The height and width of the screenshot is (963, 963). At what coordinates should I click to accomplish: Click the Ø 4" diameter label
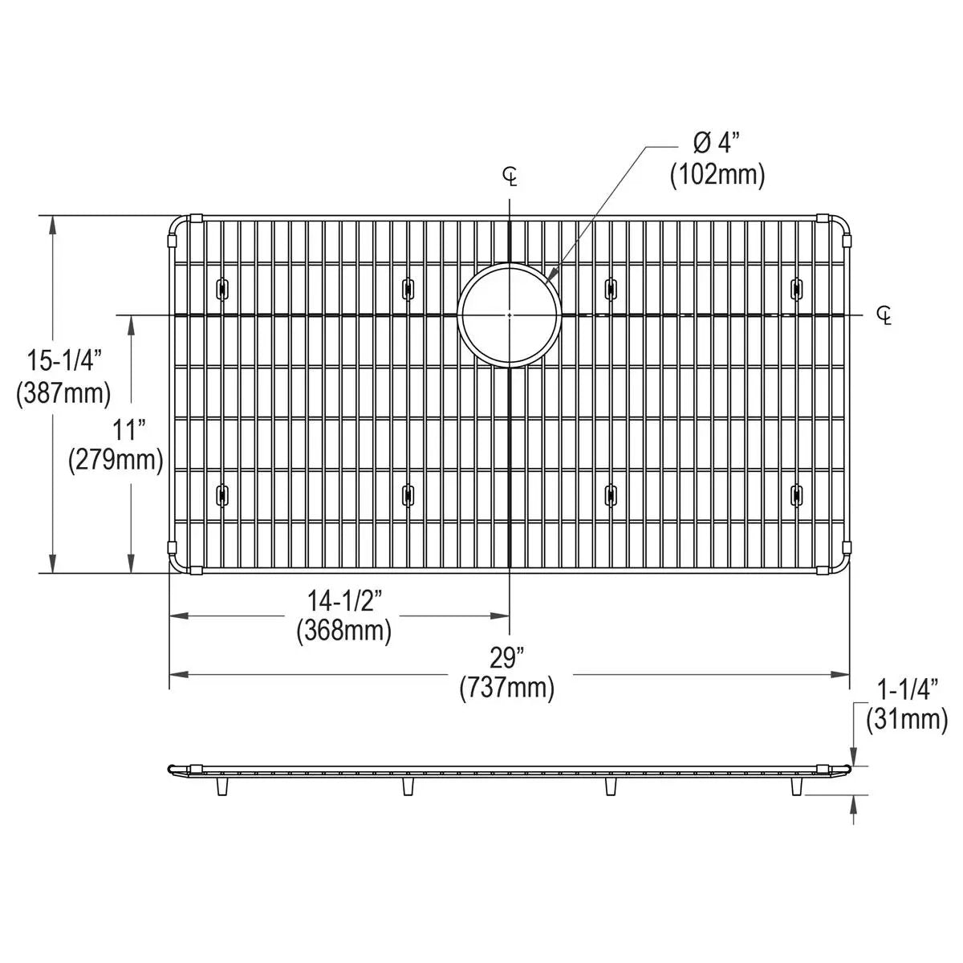[x=716, y=144]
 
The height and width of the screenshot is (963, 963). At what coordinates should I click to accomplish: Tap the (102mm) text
[x=717, y=175]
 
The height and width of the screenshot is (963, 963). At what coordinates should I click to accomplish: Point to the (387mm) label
[x=63, y=393]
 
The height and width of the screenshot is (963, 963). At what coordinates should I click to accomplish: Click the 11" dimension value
[x=128, y=430]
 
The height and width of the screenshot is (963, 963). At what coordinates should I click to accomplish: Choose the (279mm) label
[x=116, y=461]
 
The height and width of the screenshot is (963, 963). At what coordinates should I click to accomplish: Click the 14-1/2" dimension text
[x=345, y=601]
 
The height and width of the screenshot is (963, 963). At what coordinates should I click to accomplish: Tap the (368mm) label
[x=343, y=632]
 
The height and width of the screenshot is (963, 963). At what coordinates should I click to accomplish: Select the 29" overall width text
[x=507, y=658]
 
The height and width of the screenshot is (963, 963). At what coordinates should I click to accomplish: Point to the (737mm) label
[x=507, y=688]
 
